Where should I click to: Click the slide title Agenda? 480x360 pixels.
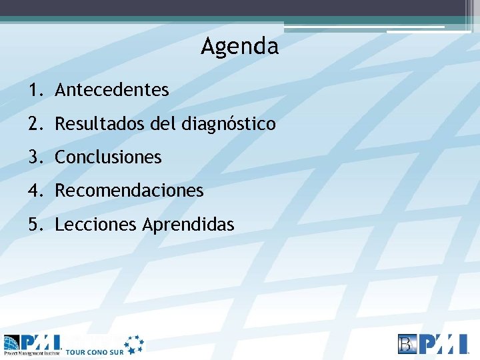(239, 46)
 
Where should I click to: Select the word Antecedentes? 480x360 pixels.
(112, 89)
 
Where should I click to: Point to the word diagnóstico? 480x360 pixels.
(228, 124)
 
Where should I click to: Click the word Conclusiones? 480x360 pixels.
(108, 157)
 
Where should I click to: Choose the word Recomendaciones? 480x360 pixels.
(129, 191)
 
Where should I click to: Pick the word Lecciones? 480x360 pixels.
(96, 225)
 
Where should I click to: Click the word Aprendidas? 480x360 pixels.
(188, 225)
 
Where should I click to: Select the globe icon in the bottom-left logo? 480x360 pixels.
(12, 342)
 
